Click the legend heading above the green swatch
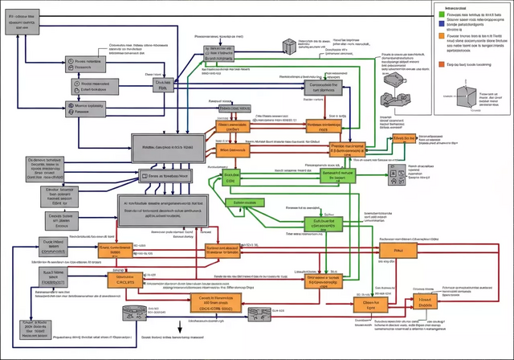click(450, 5)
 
